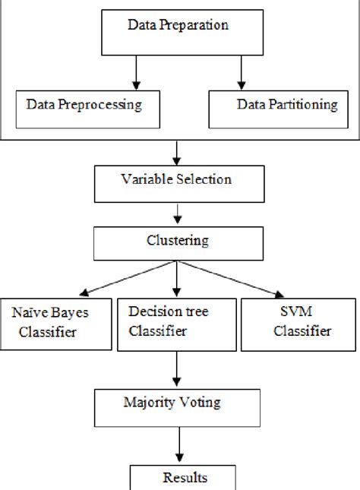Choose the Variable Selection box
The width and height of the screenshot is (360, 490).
(x=176, y=182)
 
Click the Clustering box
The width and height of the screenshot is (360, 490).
(x=176, y=242)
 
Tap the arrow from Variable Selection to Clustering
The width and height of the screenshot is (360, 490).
(x=176, y=213)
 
